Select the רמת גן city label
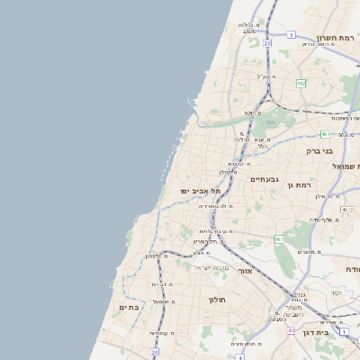click(299, 184)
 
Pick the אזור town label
click(246, 270)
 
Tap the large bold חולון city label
click(219, 299)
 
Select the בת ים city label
click(129, 307)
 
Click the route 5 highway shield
click(291, 34)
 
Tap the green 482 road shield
click(301, 83)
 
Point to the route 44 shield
click(291, 330)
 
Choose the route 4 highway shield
click(239, 356)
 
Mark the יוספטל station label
click(163, 301)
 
